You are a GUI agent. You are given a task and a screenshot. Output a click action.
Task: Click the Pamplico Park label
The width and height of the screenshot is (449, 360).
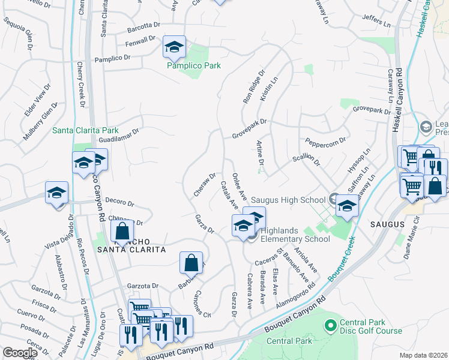194,65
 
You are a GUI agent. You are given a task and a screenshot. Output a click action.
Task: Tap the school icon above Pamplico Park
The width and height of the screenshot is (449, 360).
175,46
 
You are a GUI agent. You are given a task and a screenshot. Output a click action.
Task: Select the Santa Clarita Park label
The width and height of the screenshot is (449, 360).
85,130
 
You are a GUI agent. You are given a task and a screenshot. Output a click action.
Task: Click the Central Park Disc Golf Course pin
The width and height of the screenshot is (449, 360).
329,325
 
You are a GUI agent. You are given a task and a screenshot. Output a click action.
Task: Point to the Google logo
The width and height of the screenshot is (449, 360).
20,352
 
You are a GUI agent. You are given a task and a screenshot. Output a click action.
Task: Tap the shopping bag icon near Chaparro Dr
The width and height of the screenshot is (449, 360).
122,230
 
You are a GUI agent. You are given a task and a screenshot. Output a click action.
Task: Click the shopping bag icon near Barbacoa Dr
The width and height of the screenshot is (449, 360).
190,262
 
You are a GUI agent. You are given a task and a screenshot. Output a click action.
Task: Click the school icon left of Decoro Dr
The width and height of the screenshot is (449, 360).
56,193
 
